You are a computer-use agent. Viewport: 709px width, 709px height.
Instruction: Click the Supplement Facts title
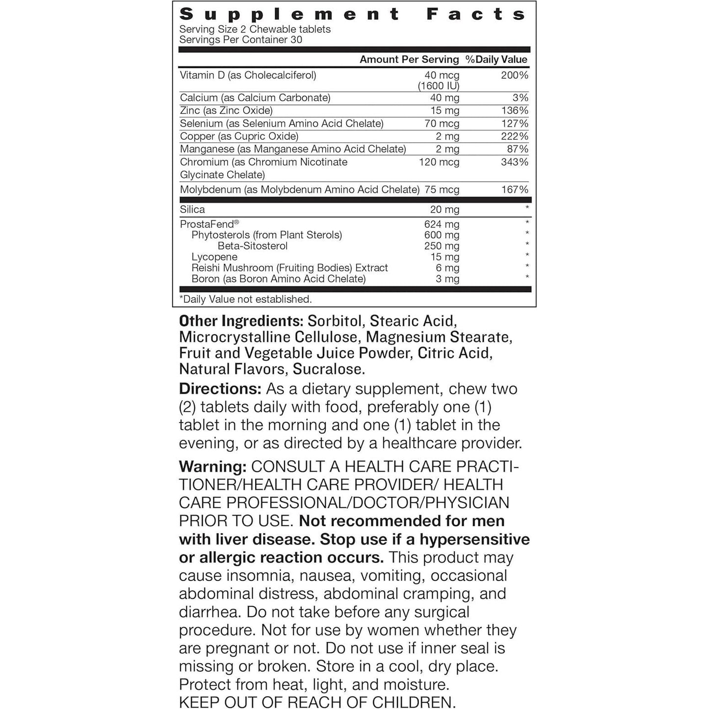[353, 14]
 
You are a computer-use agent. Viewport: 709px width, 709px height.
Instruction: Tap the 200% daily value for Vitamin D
[514, 75]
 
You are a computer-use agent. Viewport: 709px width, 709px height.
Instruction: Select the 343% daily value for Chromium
[514, 162]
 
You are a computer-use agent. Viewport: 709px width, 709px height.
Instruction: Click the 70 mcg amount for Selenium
[442, 124]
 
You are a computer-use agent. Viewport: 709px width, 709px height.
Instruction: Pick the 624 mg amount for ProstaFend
[442, 224]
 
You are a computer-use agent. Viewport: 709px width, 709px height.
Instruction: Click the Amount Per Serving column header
[409, 59]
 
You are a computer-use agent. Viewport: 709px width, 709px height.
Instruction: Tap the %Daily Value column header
[496, 59]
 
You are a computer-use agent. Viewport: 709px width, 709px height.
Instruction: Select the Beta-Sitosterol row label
[252, 246]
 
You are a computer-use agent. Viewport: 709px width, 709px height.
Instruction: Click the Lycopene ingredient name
[214, 257]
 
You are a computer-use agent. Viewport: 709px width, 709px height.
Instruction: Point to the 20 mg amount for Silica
[445, 210]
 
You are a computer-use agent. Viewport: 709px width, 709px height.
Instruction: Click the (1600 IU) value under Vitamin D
[438, 86]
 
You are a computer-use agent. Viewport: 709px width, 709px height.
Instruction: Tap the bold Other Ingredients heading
[241, 321]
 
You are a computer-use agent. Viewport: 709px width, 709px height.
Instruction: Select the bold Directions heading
[220, 389]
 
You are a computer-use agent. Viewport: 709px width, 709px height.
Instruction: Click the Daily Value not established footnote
[245, 299]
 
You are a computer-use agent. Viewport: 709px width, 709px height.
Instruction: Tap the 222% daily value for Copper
[514, 136]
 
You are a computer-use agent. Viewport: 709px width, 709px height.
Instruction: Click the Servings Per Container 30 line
[240, 40]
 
